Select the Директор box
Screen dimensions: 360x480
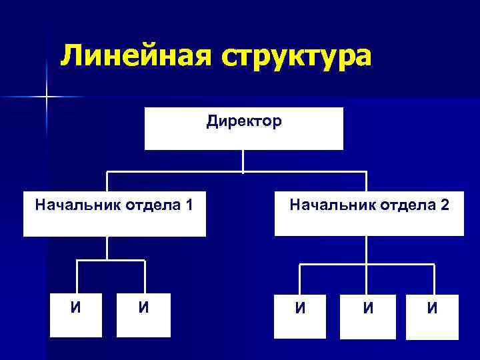pos(244,129)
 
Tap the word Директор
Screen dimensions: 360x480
pos(244,121)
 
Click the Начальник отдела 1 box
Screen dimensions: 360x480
pos(115,215)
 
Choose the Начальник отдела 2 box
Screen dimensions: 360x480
pos(369,215)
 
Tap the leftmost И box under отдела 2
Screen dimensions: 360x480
pos(301,316)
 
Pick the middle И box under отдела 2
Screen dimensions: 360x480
pos(367,316)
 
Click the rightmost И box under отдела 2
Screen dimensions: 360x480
pos(433,316)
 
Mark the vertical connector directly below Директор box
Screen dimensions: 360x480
pos(243,161)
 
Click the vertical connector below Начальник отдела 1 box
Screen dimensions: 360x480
pos(107,248)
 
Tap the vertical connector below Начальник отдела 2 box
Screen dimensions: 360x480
pos(366,250)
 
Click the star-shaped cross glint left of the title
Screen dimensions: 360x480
pos(47,97)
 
